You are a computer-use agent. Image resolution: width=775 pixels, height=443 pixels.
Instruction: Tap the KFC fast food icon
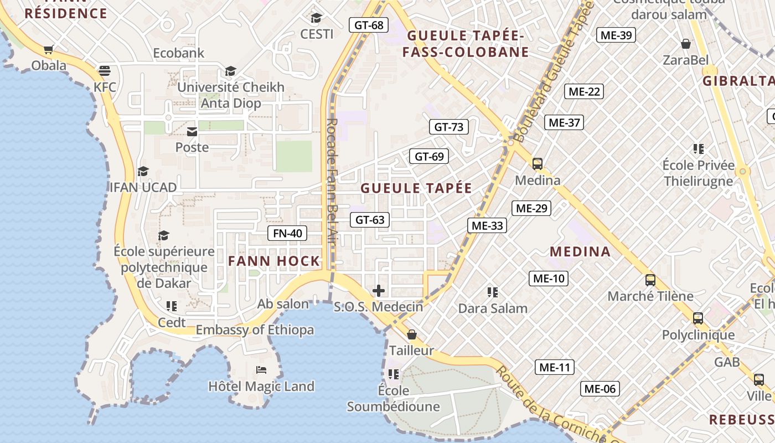tap(105, 70)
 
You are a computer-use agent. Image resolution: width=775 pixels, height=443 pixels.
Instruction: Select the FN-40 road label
tap(287, 233)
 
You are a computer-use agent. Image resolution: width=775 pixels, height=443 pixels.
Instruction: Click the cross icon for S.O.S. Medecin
tap(379, 291)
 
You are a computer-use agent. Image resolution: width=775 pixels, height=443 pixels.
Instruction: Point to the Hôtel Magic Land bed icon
tap(261, 369)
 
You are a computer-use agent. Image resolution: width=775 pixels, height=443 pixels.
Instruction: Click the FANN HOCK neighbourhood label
tap(274, 261)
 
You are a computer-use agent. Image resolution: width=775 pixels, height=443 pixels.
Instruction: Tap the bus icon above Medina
tap(537, 163)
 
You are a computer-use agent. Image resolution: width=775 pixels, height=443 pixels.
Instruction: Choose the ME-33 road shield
tap(487, 225)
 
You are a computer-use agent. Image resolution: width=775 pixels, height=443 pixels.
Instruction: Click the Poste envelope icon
tap(192, 131)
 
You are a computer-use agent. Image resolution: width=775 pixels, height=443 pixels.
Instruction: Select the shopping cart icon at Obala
tap(49, 50)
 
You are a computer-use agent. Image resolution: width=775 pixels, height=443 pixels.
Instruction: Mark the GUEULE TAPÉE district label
tap(416, 188)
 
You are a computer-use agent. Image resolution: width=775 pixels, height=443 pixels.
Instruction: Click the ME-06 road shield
tap(600, 389)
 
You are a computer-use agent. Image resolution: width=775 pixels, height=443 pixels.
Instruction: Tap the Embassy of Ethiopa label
tap(255, 330)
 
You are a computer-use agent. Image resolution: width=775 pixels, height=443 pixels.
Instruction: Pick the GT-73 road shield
tap(448, 127)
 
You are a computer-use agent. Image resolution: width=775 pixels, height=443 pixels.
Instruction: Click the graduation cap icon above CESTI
tap(316, 18)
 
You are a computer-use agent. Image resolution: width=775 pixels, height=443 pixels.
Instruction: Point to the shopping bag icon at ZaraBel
tap(686, 44)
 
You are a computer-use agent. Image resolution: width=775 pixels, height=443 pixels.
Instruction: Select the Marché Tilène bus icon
tap(650, 280)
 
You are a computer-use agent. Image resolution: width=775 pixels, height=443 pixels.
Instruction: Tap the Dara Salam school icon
tap(493, 292)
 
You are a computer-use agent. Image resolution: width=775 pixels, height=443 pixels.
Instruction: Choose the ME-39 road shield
tap(616, 35)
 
